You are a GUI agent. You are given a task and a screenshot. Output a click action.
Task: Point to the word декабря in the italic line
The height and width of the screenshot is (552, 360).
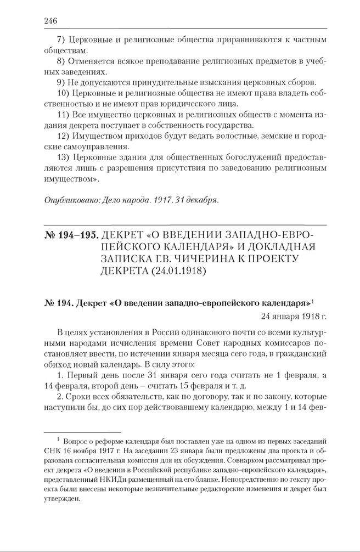point(201,200)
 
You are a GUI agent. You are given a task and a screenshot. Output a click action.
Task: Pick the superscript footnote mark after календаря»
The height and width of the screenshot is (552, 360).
point(312,301)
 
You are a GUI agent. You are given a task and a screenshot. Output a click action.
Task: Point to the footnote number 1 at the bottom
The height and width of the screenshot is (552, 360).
point(58,440)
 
